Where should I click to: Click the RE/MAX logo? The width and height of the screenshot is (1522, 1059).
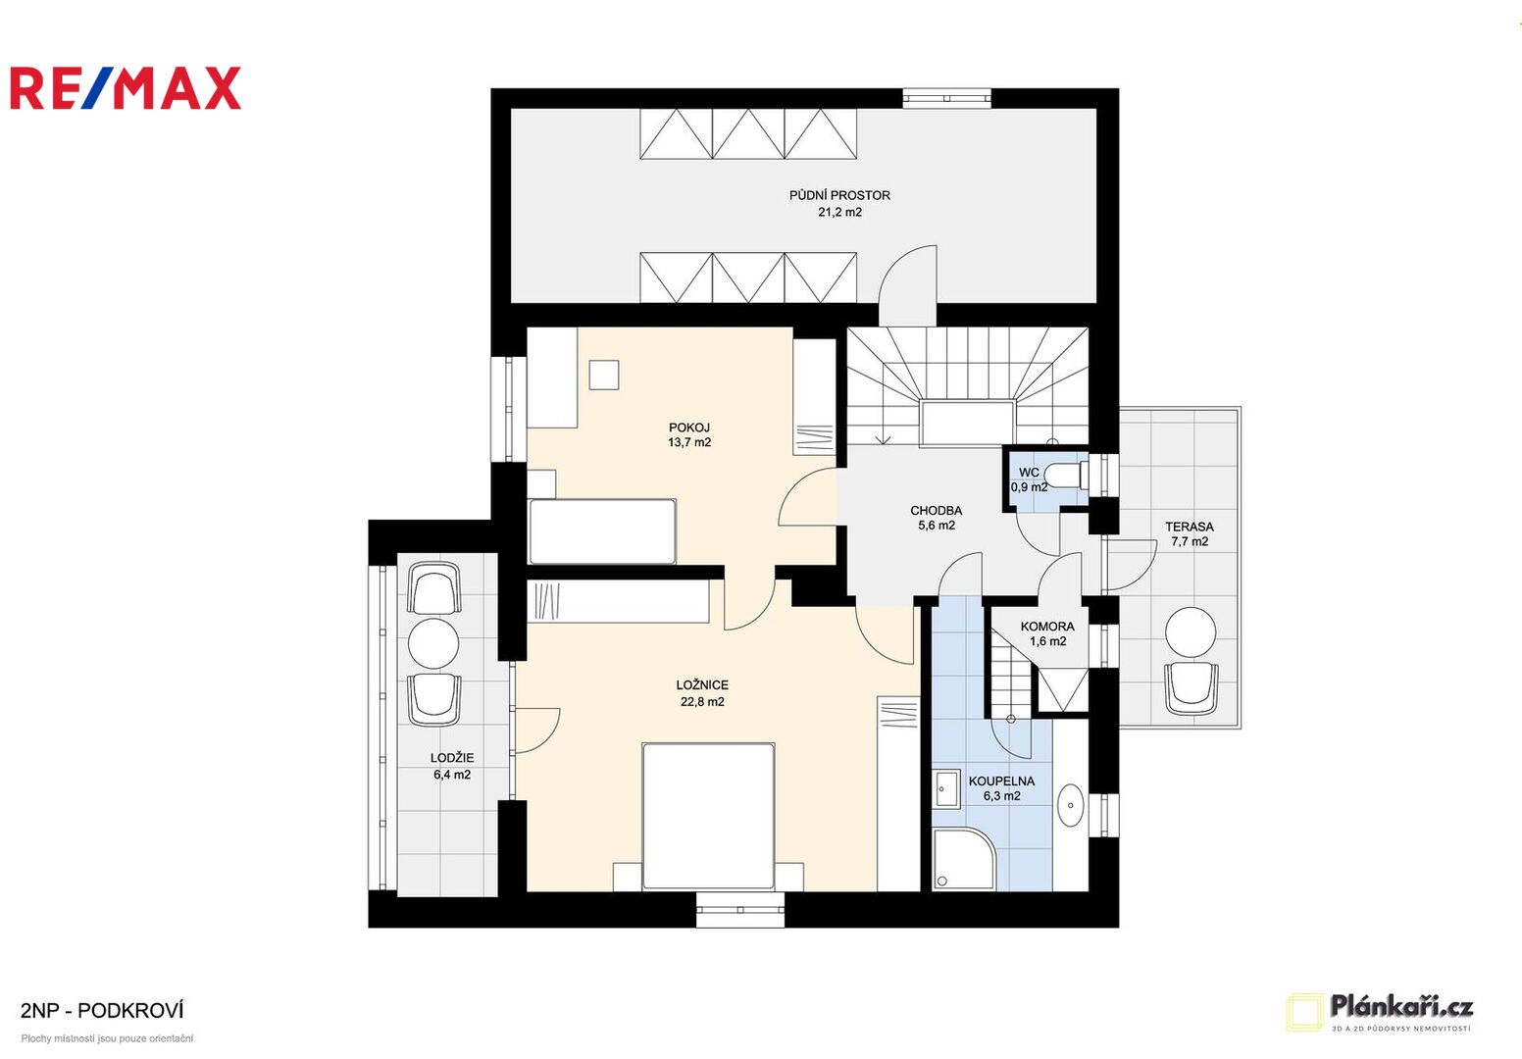[126, 87]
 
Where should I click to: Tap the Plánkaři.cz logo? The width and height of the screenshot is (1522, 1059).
[1380, 1013]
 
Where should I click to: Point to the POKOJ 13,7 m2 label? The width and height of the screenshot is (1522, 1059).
[689, 434]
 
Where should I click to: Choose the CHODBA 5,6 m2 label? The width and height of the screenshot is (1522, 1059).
[937, 518]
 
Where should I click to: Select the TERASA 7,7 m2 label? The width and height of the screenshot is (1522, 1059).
[1190, 534]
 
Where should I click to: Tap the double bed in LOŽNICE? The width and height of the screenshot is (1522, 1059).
[709, 817]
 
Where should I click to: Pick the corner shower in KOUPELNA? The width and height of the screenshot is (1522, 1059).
[963, 859]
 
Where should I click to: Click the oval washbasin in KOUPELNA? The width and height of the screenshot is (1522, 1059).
[1071, 806]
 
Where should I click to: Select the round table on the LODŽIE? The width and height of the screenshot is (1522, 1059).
[433, 642]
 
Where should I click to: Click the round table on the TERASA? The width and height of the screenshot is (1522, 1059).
[1191, 632]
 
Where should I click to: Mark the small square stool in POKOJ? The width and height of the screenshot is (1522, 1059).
[604, 375]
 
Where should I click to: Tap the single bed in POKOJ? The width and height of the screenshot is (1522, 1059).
[602, 531]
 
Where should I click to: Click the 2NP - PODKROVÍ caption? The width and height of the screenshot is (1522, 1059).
[102, 1011]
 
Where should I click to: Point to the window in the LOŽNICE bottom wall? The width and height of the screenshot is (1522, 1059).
[740, 910]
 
